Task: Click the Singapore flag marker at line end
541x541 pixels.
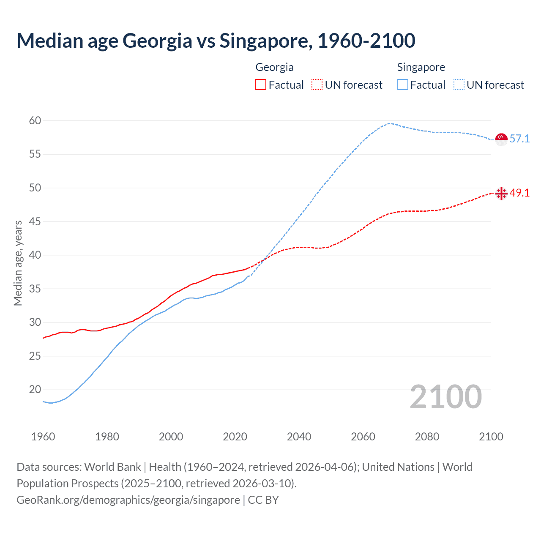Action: (501, 139)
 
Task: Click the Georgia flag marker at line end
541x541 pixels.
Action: (501, 194)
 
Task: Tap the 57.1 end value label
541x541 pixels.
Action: (519, 139)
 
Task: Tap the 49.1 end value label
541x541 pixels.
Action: (519, 193)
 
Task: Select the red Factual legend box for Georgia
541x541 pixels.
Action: (261, 85)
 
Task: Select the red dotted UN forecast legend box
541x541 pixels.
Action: (317, 85)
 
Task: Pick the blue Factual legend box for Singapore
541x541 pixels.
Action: (403, 85)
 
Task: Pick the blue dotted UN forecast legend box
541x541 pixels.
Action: (459, 85)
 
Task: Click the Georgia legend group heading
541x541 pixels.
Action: (274, 67)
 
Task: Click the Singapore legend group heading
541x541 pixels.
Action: (421, 67)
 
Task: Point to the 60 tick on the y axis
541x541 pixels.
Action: (35, 121)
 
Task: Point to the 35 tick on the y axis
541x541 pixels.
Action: (35, 289)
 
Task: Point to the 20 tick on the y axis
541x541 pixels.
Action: (35, 390)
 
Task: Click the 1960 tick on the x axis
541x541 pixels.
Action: (43, 437)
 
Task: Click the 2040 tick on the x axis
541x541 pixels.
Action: (299, 437)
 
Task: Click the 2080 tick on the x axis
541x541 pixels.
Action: (427, 437)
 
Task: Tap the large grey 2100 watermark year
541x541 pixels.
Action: (446, 397)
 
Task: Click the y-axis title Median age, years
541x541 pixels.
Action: (18, 263)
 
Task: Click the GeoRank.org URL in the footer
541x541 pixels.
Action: (128, 500)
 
